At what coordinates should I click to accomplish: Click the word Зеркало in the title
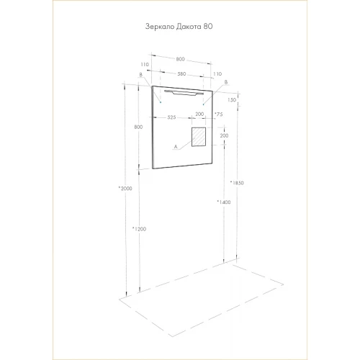click(x=160, y=27)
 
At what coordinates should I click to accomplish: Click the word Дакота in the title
click(x=189, y=27)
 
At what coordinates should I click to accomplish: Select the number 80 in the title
click(x=208, y=26)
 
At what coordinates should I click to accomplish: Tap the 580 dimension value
click(x=181, y=74)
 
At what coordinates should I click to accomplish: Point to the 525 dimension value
click(x=171, y=117)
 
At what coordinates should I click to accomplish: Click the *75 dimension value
click(x=219, y=114)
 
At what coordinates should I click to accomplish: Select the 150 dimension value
click(x=232, y=100)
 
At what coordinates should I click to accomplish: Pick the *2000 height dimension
click(x=125, y=189)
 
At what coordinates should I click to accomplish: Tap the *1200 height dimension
click(x=139, y=229)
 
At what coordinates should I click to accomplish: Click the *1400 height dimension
click(x=224, y=202)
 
